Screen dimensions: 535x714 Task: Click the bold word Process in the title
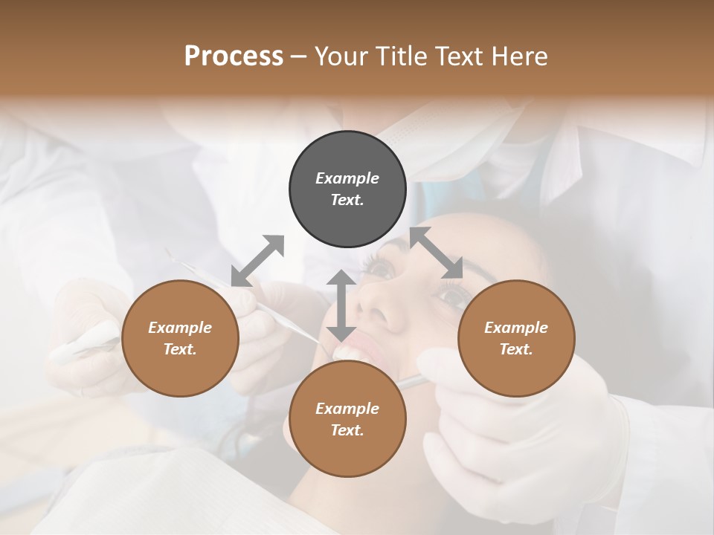234,56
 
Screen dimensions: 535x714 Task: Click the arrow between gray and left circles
257,260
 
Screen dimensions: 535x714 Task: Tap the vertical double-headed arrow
341,305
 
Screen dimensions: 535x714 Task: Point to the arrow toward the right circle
437,253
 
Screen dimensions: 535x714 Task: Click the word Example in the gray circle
347,178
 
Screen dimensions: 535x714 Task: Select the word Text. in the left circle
180,349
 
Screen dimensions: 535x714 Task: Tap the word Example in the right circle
516,328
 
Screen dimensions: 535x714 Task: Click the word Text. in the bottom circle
347,430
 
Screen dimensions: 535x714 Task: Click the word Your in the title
340,56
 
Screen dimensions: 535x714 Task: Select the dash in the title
299,56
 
